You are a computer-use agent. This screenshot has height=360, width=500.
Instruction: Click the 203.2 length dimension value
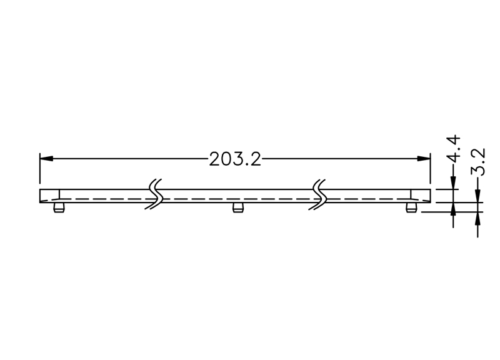tap(235, 159)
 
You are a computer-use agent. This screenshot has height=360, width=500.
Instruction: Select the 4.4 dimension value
tap(454, 149)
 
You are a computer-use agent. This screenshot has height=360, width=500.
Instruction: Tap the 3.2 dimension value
tap(478, 162)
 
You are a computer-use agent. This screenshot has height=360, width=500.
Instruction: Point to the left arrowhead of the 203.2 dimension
tap(46, 159)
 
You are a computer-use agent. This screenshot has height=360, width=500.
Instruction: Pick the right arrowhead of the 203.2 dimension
tap(424, 159)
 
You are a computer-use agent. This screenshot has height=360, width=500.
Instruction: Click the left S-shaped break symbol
tap(154, 194)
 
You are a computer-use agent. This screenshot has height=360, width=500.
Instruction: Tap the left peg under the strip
tap(59, 207)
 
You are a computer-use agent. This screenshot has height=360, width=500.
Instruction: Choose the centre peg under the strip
tap(237, 207)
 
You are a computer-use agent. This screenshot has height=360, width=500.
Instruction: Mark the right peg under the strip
tap(411, 207)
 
